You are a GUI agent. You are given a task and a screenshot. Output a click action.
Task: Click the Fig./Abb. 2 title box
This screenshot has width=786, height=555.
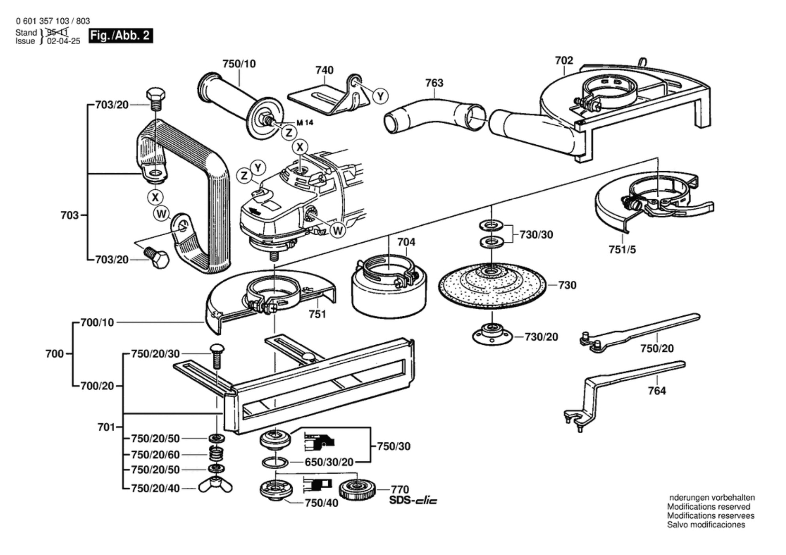pyautogui.click(x=120, y=36)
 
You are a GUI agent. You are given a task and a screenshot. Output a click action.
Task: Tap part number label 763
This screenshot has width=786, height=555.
pyautogui.click(x=434, y=83)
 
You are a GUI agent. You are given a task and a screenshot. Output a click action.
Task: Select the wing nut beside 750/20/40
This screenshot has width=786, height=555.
pyautogui.click(x=215, y=487)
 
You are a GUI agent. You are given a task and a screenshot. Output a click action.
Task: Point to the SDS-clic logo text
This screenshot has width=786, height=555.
pyautogui.click(x=413, y=500)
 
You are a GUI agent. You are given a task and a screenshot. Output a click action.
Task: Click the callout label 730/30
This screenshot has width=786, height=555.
pyautogui.click(x=536, y=234)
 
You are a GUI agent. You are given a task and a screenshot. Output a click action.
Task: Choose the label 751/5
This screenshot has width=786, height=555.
pyautogui.click(x=622, y=250)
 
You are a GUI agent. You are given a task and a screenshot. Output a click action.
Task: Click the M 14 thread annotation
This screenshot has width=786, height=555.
pyautogui.click(x=304, y=123)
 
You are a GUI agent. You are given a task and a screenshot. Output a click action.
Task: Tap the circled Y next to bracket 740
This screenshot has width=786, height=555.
pyautogui.click(x=380, y=96)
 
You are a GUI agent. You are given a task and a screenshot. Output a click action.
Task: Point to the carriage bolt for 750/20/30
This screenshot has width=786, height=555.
pyautogui.click(x=216, y=356)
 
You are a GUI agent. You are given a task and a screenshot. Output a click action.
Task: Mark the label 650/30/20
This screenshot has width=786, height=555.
pyautogui.click(x=329, y=462)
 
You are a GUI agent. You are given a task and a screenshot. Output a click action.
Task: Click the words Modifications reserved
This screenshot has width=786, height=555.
pyautogui.click(x=709, y=507)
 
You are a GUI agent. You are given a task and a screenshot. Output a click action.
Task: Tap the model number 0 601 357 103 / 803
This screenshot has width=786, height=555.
pyautogui.click(x=53, y=21)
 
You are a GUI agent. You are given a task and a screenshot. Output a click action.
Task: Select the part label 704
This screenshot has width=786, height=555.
pyautogui.click(x=406, y=242)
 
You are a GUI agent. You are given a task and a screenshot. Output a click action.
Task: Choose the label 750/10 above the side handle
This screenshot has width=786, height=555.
pyautogui.click(x=239, y=64)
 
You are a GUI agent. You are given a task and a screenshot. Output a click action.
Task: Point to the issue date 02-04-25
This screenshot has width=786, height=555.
pyautogui.click(x=63, y=41)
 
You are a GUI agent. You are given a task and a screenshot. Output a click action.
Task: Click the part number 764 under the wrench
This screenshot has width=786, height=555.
pyautogui.click(x=657, y=391)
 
